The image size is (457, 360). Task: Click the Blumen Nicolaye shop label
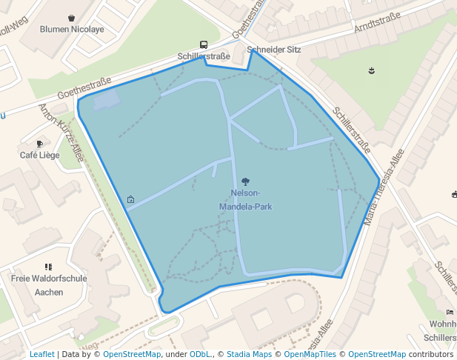tap(72, 30)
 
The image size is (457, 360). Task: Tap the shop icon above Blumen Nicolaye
tap(71, 18)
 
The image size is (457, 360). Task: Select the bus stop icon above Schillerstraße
tap(204, 44)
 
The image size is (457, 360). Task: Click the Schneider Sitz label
tap(274, 50)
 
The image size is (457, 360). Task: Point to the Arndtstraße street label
tap(377, 24)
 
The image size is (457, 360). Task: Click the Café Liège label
tap(40, 156)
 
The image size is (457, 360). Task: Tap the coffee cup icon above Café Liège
tap(40, 144)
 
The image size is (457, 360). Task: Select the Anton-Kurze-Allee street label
tap(61, 133)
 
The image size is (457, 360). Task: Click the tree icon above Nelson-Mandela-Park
tap(246, 181)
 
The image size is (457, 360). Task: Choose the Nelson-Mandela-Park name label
tap(246, 200)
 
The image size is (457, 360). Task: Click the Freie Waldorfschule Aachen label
tap(49, 285)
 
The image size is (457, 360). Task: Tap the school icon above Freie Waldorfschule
tap(49, 267)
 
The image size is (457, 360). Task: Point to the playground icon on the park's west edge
tap(131, 199)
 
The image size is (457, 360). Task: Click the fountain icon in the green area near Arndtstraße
tap(370, 70)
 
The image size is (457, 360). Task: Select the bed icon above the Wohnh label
tap(450, 313)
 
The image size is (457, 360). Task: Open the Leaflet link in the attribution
tap(41, 354)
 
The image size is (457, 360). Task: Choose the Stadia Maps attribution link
tap(249, 354)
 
